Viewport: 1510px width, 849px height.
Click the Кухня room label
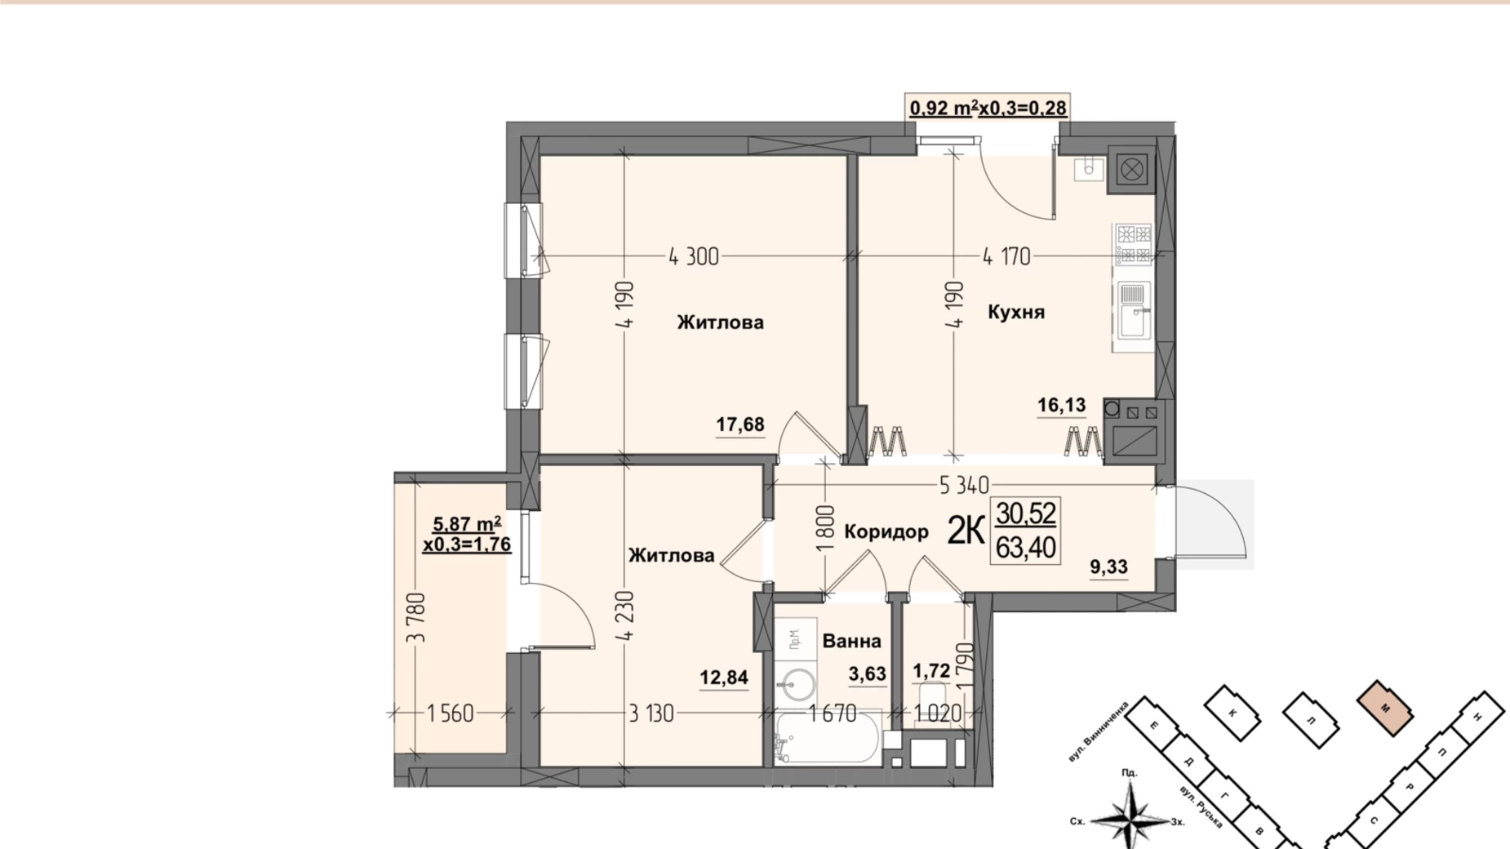click(x=1015, y=312)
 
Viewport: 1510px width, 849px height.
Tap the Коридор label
click(x=886, y=532)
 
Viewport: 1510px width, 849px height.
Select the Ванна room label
click(x=851, y=641)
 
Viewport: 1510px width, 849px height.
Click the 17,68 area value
click(x=740, y=424)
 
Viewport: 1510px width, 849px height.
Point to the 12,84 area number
click(x=724, y=678)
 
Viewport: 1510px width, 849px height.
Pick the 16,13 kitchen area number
click(x=1061, y=405)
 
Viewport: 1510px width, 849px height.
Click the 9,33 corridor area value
click(x=1108, y=567)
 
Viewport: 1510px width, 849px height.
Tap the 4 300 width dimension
click(x=694, y=257)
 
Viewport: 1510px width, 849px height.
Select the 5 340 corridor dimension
click(x=964, y=486)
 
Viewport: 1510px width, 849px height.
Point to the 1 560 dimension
click(x=450, y=713)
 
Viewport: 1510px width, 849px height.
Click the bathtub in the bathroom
click(x=827, y=737)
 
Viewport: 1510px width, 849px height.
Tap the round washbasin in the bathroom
click(x=795, y=684)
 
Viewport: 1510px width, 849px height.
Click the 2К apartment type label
click(x=965, y=531)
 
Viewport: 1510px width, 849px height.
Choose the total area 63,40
click(x=1026, y=547)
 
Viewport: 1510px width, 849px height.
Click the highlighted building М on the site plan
click(x=1384, y=708)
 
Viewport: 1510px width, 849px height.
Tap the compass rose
click(x=1129, y=815)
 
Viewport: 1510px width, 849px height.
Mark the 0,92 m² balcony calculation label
click(x=988, y=108)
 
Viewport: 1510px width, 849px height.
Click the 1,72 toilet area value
click(x=930, y=671)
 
